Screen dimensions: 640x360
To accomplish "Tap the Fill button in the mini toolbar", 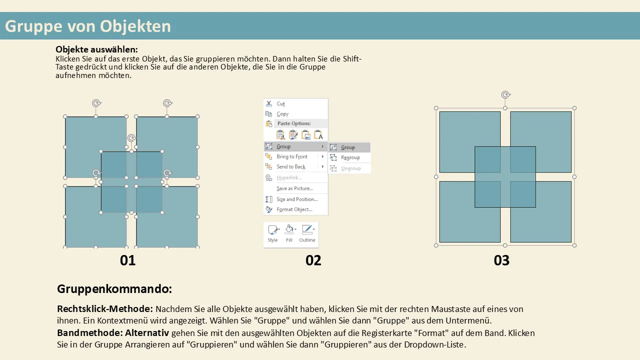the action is (x=289, y=233).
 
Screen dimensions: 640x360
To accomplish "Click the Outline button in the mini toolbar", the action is (x=307, y=233).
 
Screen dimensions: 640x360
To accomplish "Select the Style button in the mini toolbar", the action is (x=272, y=233).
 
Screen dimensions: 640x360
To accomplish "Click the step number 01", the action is (x=127, y=260).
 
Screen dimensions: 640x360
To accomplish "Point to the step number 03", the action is (x=501, y=260).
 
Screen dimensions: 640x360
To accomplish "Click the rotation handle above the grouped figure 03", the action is (x=505, y=94).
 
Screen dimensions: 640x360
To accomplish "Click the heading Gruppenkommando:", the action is (x=114, y=289).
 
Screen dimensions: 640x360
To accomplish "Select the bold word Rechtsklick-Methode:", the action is (x=105, y=309).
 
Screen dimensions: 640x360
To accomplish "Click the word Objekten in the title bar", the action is (x=135, y=26).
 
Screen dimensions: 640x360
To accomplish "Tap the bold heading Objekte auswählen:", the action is (x=96, y=49).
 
